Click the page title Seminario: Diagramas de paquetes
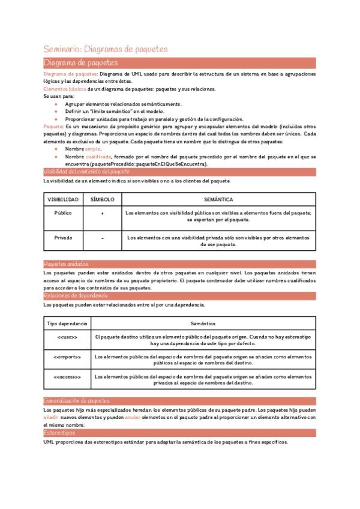click(106, 49)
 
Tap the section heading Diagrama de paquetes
click(81, 62)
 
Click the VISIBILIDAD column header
click(62, 199)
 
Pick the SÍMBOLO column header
click(102, 199)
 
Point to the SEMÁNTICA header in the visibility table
click(218, 199)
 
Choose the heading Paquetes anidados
click(66, 264)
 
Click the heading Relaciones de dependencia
click(76, 296)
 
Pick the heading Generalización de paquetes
click(76, 400)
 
